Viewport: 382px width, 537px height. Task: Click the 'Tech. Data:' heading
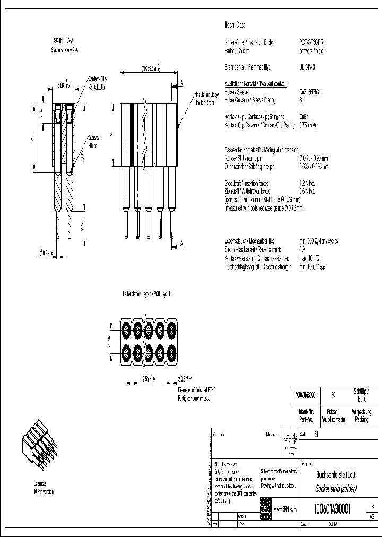click(236, 25)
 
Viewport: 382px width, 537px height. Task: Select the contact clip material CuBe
click(305, 116)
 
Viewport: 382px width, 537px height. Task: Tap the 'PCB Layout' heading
click(146, 293)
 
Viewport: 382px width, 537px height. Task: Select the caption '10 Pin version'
click(42, 491)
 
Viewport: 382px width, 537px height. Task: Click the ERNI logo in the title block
click(265, 508)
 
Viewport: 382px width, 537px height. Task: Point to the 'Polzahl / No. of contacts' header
click(333, 415)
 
